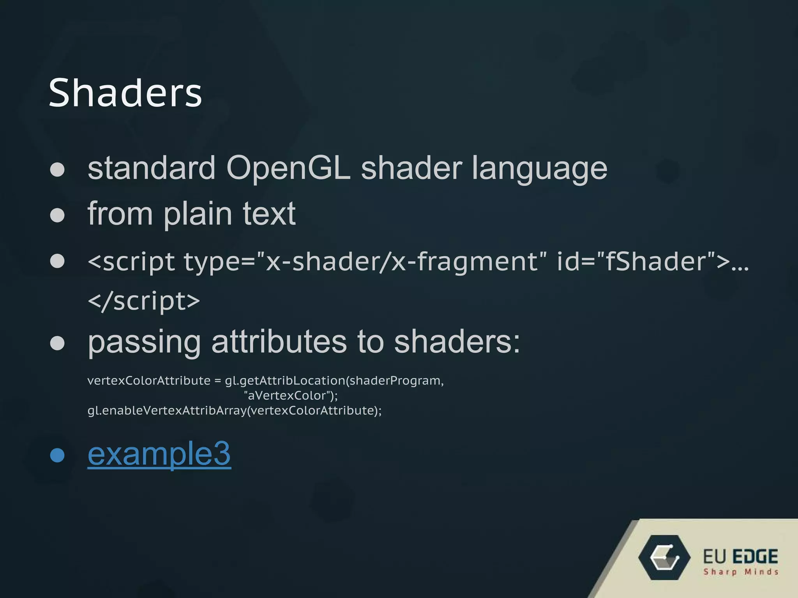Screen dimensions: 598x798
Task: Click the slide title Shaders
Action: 125,93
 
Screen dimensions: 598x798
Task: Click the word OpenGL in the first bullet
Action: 288,168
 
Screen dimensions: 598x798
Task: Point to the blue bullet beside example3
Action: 57,455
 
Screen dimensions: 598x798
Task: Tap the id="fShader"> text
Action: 643,261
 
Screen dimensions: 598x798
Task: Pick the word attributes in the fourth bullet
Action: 279,342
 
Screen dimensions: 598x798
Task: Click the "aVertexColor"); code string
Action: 291,396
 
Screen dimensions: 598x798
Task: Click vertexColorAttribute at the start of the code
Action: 149,380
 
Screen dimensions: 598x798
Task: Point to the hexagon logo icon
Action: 664,558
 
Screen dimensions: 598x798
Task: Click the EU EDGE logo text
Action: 740,556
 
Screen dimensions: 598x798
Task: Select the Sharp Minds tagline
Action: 741,572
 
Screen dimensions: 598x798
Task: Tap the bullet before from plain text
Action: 57,215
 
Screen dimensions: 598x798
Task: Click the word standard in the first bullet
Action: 151,168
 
